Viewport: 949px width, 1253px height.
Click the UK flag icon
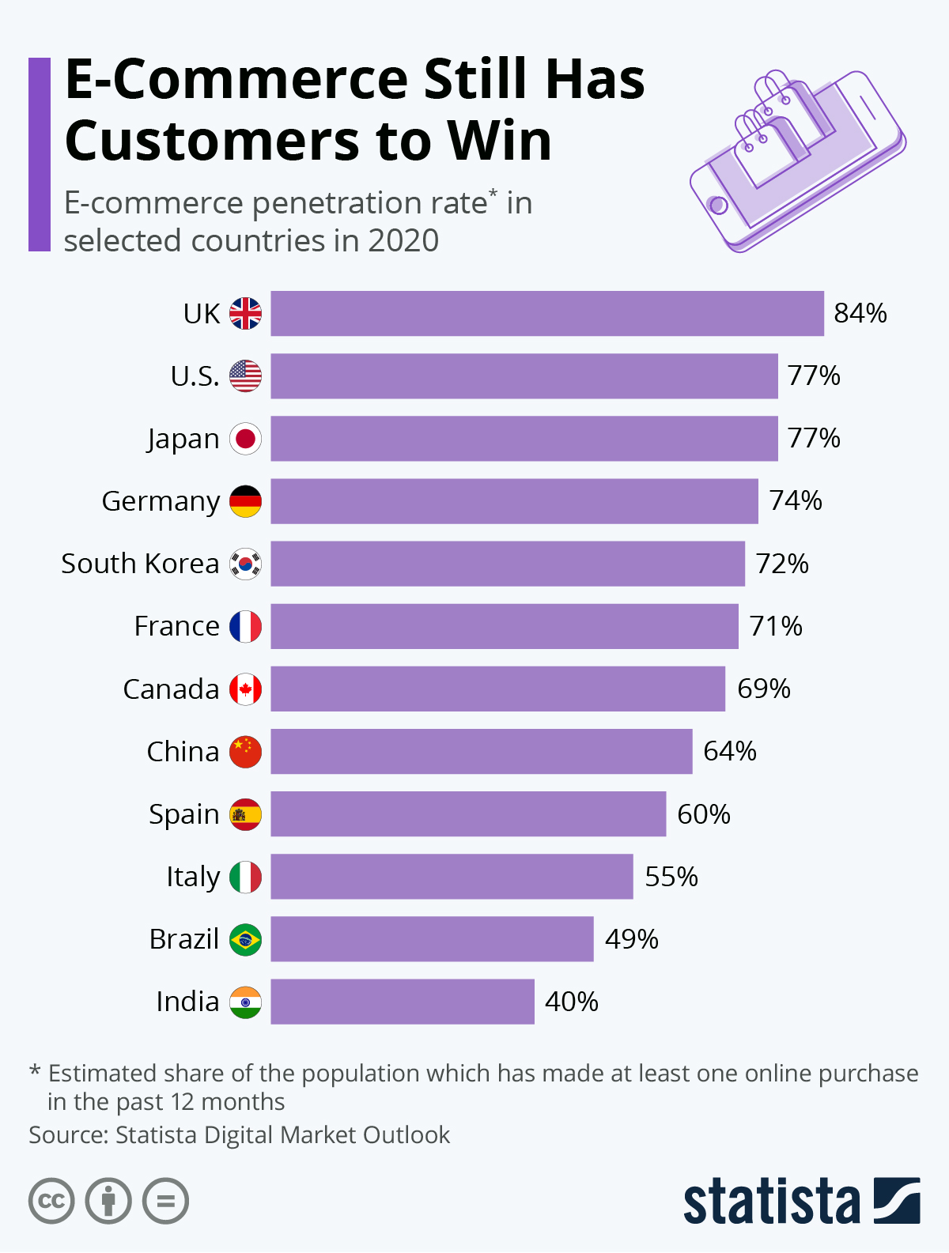245,314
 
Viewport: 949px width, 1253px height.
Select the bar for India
402,1002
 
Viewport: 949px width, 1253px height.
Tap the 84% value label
860,314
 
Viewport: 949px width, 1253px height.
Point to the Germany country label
161,501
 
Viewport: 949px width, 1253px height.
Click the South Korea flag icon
245,564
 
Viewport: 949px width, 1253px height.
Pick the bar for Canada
497,689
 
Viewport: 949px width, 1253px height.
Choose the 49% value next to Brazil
631,939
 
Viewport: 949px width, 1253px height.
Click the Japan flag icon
245,439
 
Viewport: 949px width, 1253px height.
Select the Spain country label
183,814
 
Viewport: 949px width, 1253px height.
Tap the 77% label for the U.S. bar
813,376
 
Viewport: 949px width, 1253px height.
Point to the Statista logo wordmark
771,1202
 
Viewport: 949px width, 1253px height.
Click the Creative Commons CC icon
51,1202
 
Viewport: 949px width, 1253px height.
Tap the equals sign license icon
165,1202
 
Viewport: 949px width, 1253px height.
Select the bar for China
481,751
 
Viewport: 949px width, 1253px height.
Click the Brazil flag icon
245,939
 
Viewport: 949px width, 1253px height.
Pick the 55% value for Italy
671,877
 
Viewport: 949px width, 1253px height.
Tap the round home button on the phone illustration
718,206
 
